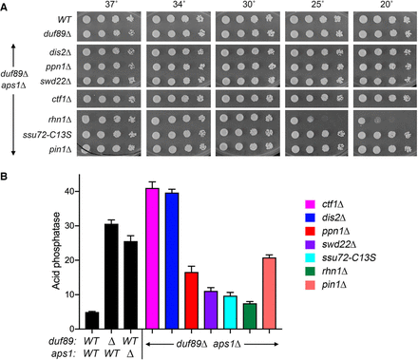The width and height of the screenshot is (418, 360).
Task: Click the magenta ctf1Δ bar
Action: pyautogui.click(x=152, y=258)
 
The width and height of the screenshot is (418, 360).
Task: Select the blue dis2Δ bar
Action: pyautogui.click(x=172, y=260)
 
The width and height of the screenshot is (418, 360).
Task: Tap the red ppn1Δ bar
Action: pyautogui.click(x=191, y=300)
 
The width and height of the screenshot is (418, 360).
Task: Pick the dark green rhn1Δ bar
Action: pyautogui.click(x=250, y=316)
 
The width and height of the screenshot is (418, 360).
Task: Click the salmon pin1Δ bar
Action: pyautogui.click(x=269, y=294)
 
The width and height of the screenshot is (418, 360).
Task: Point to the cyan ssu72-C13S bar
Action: pyautogui.click(x=230, y=313)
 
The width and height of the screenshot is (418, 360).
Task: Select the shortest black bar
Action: pyautogui.click(x=92, y=320)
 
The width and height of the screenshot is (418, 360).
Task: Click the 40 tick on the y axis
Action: pyautogui.click(x=77, y=191)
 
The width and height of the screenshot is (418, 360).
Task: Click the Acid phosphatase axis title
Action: pyautogui.click(x=56, y=251)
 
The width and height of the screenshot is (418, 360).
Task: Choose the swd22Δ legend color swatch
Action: pyautogui.click(x=310, y=244)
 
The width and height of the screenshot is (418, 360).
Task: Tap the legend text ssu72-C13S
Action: pyautogui.click(x=349, y=257)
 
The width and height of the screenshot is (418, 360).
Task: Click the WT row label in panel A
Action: pyautogui.click(x=65, y=20)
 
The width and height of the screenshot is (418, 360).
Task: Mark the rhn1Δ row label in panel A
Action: pyautogui.click(x=61, y=120)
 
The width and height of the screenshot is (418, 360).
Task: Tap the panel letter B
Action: pyautogui.click(x=4, y=177)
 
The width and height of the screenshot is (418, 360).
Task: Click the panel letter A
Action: pyautogui.click(x=4, y=8)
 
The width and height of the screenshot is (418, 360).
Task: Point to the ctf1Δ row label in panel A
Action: pyautogui.click(x=62, y=99)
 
